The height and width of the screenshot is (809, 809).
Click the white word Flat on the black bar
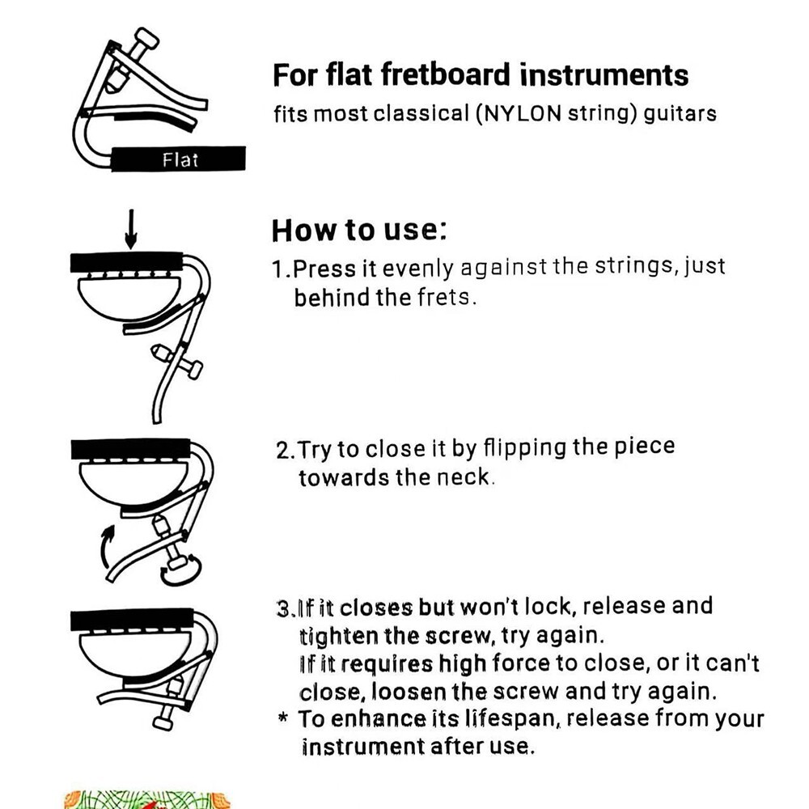(180, 159)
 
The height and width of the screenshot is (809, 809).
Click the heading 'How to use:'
(359, 230)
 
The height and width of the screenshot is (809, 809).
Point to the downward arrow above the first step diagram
(131, 229)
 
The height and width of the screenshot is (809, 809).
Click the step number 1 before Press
(278, 269)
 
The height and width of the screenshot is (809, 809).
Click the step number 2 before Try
(283, 451)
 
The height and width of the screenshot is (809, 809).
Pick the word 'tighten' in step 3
(338, 636)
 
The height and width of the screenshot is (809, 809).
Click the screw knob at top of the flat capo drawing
(146, 38)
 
